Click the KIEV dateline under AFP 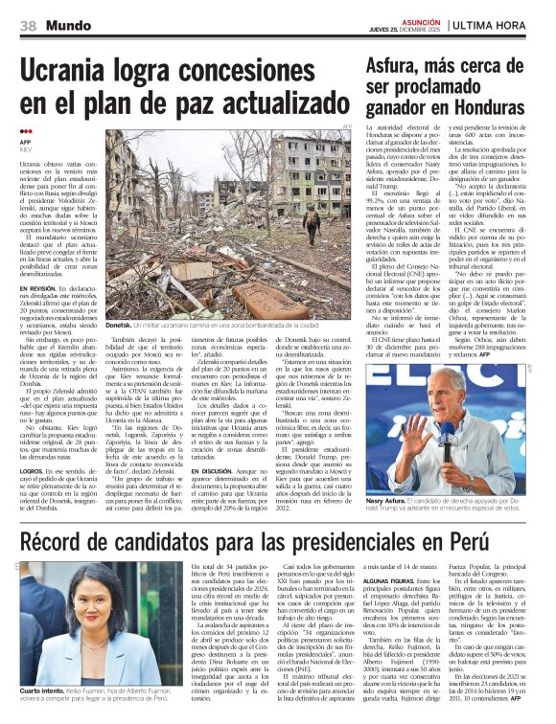(x=27, y=149)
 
